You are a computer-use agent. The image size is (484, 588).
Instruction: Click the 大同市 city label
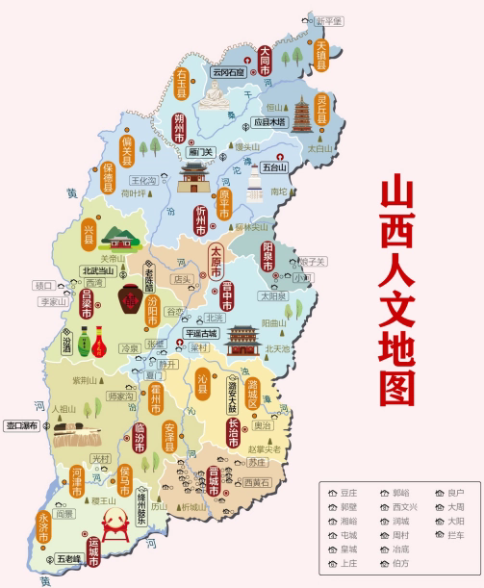(x=267, y=59)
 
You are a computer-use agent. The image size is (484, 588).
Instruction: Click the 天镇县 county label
(x=322, y=55)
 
